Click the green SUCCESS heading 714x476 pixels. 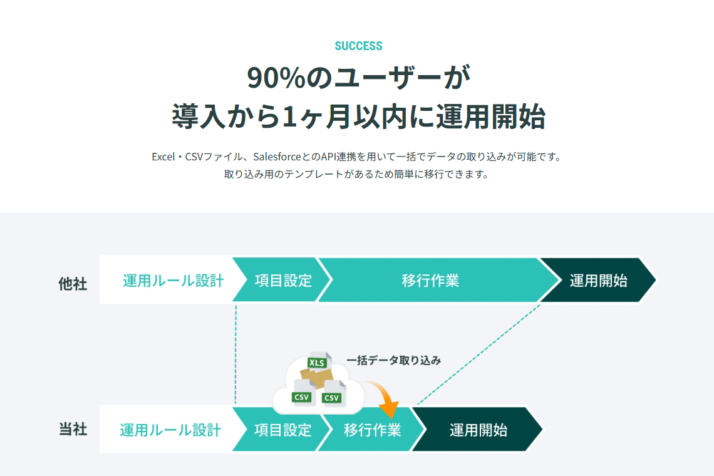pyautogui.click(x=358, y=46)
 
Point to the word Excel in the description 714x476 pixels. pyautogui.click(x=164, y=156)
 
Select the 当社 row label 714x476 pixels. pyautogui.click(x=73, y=430)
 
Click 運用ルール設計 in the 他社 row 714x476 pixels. pyautogui.click(x=173, y=280)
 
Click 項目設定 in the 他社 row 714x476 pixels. pyautogui.click(x=283, y=280)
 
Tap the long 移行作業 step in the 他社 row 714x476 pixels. pyautogui.click(x=430, y=280)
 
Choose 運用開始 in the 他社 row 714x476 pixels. pyautogui.click(x=598, y=280)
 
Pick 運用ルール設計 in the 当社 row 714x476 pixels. pyautogui.click(x=170, y=430)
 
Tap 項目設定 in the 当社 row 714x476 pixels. pyautogui.click(x=282, y=430)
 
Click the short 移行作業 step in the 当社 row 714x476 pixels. pyautogui.click(x=372, y=430)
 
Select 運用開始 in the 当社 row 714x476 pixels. pyautogui.click(x=478, y=430)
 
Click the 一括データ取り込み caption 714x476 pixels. pyautogui.click(x=393, y=360)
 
